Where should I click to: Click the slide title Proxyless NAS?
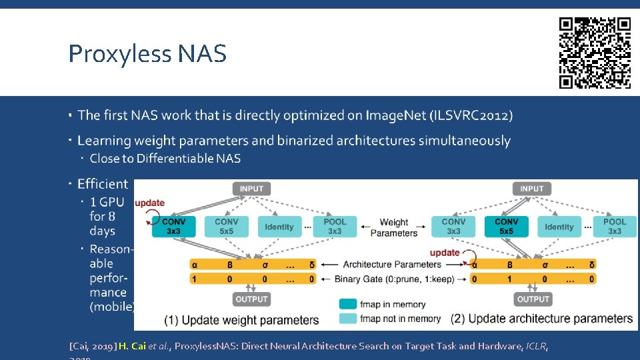point(147,53)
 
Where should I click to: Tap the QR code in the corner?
point(595,53)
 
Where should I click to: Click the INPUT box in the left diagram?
point(251,189)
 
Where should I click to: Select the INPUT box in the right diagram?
point(531,189)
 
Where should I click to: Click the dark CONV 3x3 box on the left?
point(173,226)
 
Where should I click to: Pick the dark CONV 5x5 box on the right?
point(507,226)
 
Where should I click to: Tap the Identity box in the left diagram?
point(279,227)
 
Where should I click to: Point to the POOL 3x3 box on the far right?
point(614,226)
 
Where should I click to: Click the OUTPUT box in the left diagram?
point(251,299)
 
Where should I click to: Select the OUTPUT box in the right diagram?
point(533,299)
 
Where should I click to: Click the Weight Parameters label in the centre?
point(393,227)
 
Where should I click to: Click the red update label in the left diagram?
point(149,203)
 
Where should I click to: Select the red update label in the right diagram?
point(445,253)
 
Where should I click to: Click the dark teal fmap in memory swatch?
point(348,304)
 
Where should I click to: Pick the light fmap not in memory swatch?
point(348,319)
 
